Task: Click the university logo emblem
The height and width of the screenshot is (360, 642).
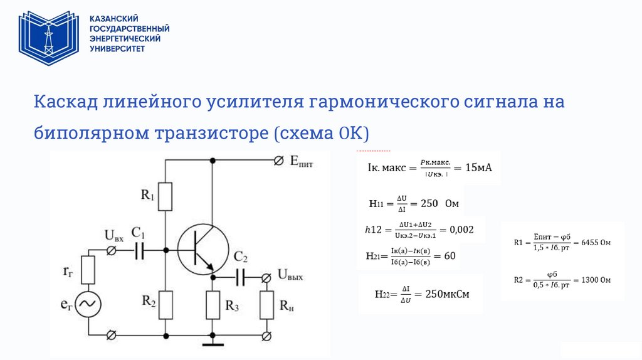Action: click(48, 38)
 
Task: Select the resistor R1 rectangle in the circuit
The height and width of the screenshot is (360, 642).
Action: click(165, 196)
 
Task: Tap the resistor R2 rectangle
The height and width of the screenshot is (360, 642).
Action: click(165, 305)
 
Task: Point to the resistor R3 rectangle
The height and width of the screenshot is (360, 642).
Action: click(213, 305)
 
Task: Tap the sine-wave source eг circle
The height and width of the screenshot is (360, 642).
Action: click(88, 304)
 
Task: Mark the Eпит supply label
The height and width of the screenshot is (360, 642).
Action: click(301, 162)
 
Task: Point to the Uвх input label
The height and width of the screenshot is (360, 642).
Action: click(114, 236)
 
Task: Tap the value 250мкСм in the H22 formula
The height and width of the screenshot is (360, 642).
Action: click(447, 294)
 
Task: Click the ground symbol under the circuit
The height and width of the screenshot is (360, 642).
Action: click(213, 342)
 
